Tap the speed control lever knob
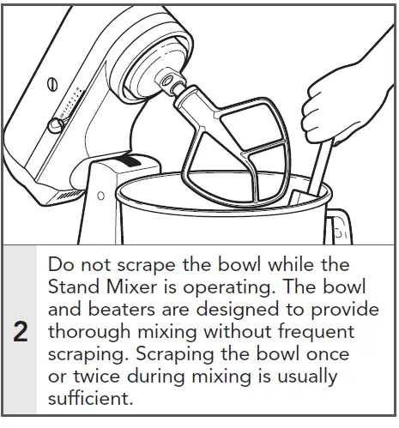coord(55,126)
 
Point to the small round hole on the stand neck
coord(101,196)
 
